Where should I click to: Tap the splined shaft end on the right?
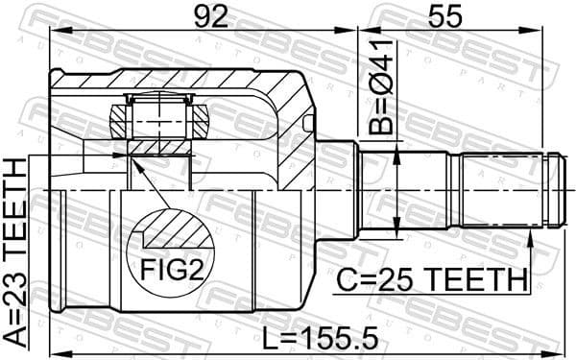point(509,190)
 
